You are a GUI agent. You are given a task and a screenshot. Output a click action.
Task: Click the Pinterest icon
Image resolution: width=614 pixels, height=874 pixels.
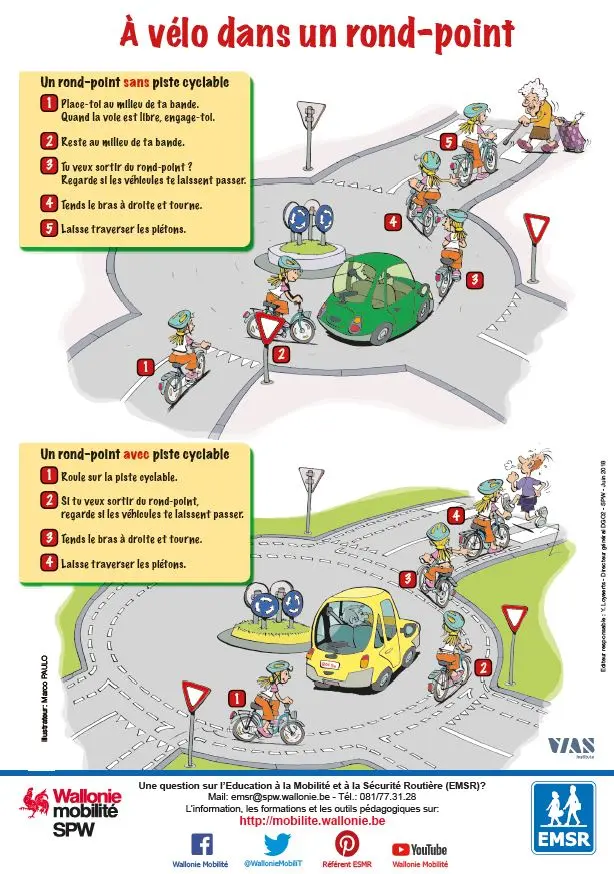[x=347, y=842]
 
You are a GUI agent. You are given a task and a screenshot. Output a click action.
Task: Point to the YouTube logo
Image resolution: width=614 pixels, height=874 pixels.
[x=420, y=849]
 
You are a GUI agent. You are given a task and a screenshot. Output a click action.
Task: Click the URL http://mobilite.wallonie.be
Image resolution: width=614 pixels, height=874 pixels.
[x=312, y=820]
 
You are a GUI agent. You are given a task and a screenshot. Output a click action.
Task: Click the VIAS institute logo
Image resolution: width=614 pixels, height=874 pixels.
[x=571, y=746]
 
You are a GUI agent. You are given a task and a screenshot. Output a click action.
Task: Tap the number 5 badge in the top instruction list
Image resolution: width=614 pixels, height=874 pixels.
[x=48, y=228]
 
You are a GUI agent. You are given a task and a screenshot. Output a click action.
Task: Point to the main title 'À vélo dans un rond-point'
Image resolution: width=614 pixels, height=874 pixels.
[x=316, y=34]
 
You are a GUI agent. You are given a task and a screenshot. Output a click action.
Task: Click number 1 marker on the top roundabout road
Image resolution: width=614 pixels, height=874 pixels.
[x=145, y=368]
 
